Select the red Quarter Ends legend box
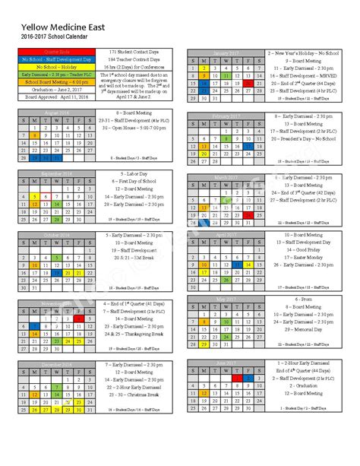pos(54,51)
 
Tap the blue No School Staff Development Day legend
pos(54,59)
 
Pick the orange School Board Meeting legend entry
pos(54,82)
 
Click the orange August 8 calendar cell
pos(36,135)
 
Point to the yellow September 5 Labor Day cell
pos(36,196)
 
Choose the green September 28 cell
pos(58,220)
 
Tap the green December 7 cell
pos(58,387)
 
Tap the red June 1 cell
pos(236,377)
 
